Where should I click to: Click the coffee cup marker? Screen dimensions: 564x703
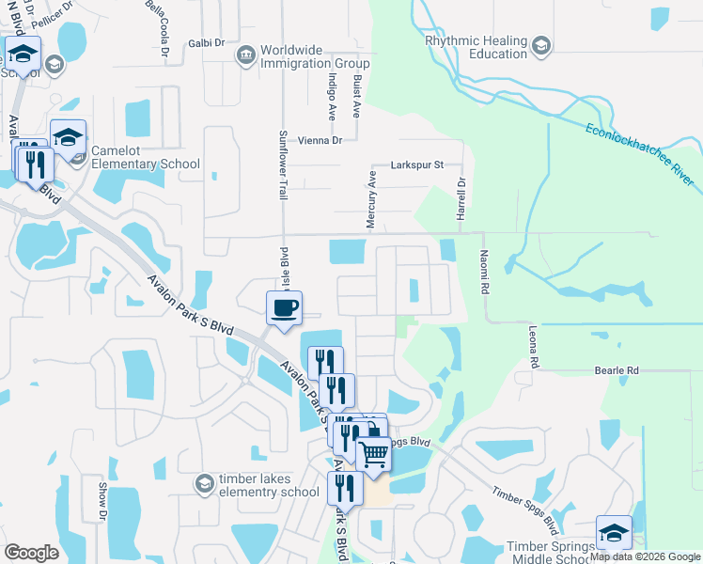pos(284,307)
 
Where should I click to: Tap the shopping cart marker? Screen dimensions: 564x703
pos(374,454)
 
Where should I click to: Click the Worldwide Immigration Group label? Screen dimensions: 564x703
pos(315,56)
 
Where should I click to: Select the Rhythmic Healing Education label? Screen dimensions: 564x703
pos(476,47)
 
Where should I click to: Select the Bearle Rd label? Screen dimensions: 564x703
pos(616,371)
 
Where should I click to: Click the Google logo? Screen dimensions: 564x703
pos(32,552)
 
